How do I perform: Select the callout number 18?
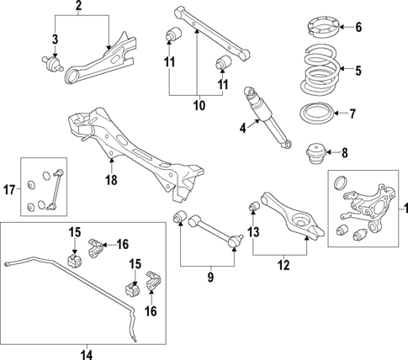pyautogui.click(x=111, y=179)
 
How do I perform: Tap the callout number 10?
pyautogui.click(x=198, y=108)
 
